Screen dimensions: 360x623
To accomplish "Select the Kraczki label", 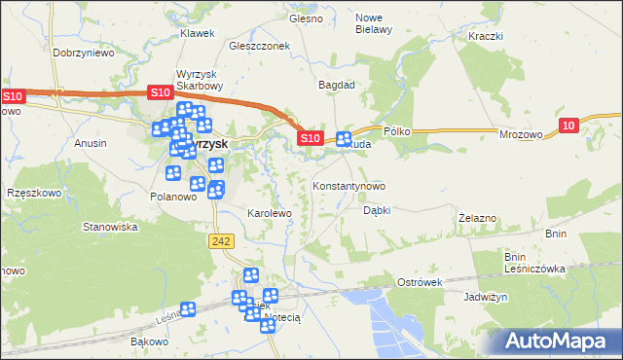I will pyautogui.click(x=484, y=36).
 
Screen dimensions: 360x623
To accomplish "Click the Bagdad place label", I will pyautogui.click(x=337, y=85).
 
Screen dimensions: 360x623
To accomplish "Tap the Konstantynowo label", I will pyautogui.click(x=348, y=185).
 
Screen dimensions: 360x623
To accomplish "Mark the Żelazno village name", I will pyautogui.click(x=478, y=218).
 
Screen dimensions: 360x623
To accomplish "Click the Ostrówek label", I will pyautogui.click(x=420, y=281).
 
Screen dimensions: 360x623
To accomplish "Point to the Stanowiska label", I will pyautogui.click(x=110, y=227).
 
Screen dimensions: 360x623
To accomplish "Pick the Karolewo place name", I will pyautogui.click(x=270, y=212).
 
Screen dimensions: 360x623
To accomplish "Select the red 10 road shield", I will pyautogui.click(x=570, y=124).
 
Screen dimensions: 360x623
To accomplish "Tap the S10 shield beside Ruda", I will pyautogui.click(x=310, y=139).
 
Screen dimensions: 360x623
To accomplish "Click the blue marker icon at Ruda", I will pyautogui.click(x=344, y=139).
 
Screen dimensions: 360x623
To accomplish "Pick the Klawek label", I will pyautogui.click(x=197, y=33).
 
